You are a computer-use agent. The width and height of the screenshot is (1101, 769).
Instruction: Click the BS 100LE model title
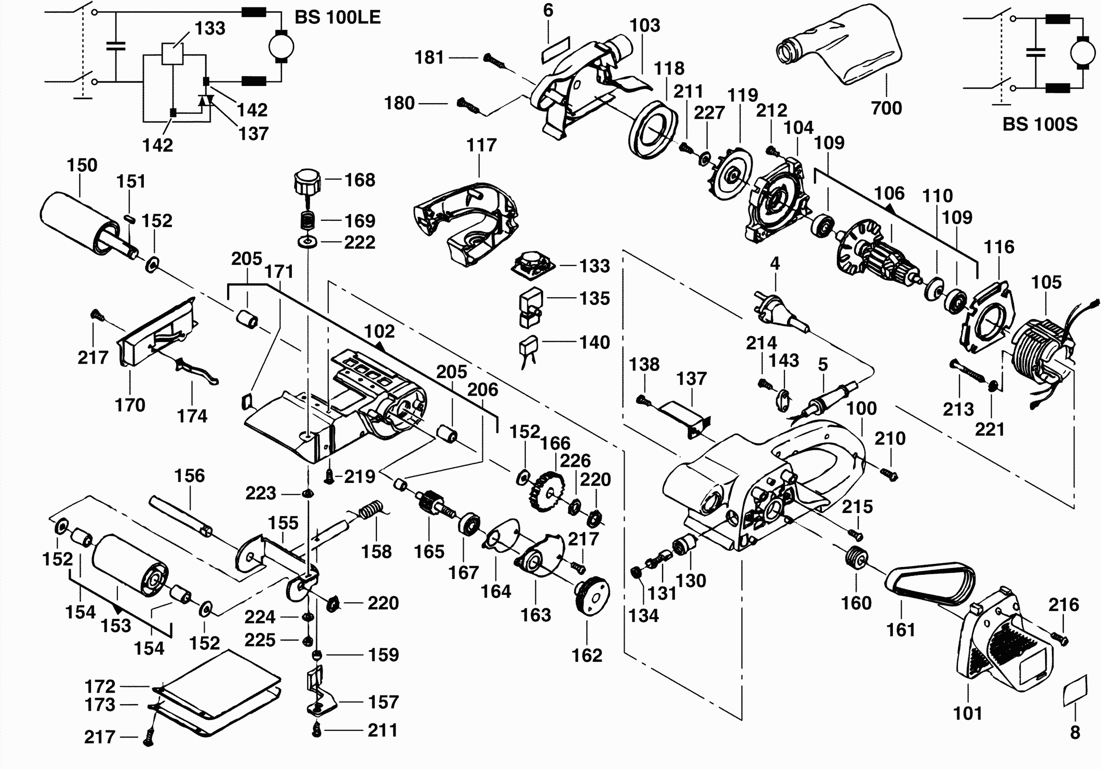(337, 18)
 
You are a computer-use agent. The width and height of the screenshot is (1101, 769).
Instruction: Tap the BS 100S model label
(1039, 125)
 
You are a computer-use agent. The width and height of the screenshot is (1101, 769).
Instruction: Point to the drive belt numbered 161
(929, 583)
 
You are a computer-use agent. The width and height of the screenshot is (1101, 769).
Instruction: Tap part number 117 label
(481, 145)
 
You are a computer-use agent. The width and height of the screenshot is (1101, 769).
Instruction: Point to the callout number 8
(1075, 732)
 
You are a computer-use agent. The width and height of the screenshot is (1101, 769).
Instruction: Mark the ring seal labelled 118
(652, 129)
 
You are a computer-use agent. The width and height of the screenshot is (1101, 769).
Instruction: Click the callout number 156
(189, 476)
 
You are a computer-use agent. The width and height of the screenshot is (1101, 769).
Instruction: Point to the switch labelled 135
(530, 307)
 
